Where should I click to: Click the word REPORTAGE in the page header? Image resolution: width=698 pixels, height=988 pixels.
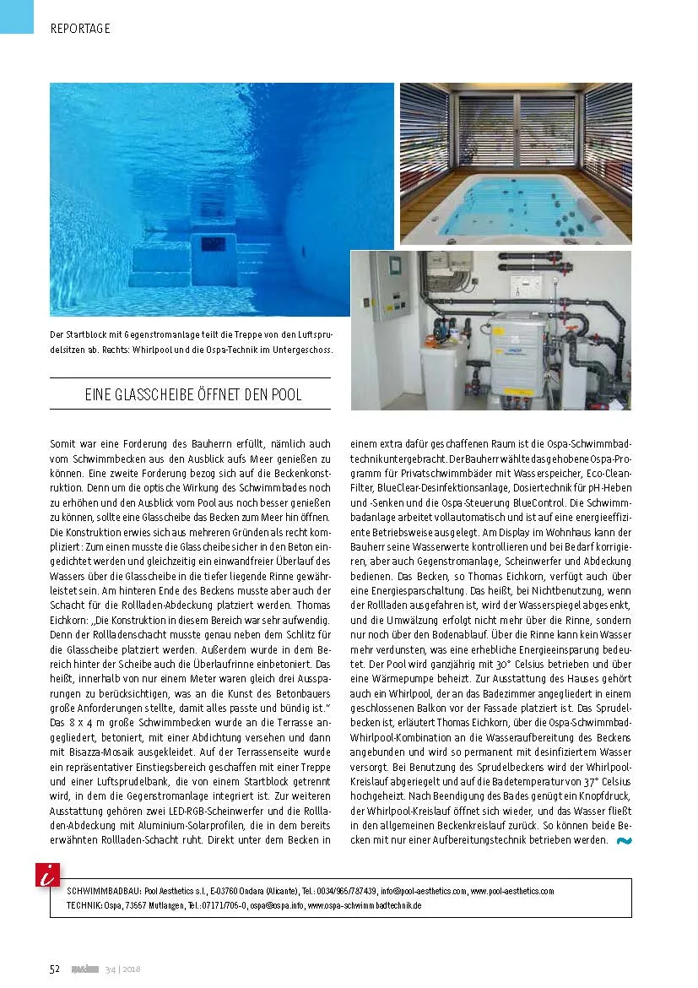coord(80,28)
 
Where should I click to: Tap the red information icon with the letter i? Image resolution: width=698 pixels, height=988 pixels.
coord(46,875)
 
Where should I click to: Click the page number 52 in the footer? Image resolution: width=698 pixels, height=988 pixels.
coord(54,969)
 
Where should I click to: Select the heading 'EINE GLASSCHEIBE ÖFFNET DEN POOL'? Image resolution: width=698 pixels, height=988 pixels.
coord(193,394)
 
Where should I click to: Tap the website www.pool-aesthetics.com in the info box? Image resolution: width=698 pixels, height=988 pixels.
coord(511,891)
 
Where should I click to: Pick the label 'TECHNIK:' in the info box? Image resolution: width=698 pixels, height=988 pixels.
coord(84,904)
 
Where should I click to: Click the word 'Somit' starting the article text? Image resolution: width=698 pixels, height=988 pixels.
coord(64,443)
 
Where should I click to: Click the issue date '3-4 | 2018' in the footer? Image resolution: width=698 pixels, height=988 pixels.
coord(122,969)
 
